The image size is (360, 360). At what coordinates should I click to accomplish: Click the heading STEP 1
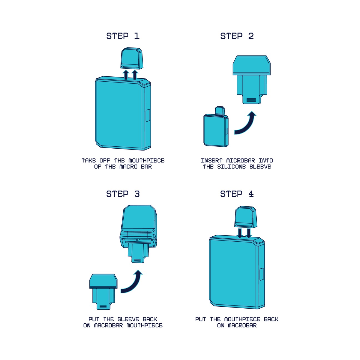coord(123,36)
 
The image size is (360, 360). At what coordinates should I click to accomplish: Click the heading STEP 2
coord(237,36)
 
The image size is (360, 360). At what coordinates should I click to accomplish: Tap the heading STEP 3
coord(123,194)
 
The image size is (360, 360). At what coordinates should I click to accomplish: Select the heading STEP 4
coord(237,194)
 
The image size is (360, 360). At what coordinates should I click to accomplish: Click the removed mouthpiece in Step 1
coord(132,58)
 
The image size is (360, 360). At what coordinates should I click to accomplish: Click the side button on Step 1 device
coord(147,116)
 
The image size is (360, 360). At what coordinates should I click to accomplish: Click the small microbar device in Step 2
coord(216,127)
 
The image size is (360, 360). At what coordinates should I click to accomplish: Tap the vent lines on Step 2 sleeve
coord(251,100)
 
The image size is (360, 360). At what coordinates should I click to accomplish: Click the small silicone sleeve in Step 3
coord(103,292)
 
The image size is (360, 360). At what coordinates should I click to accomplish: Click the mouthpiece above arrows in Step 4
coord(246,217)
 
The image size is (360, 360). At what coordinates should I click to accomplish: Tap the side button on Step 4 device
coord(262,274)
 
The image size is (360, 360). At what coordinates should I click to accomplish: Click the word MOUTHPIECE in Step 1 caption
coord(146,161)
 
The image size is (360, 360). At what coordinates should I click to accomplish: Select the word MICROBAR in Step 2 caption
coord(241,161)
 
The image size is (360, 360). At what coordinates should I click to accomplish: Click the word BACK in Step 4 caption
coord(271,319)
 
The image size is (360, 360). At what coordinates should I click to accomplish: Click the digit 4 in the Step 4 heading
coord(251,194)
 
